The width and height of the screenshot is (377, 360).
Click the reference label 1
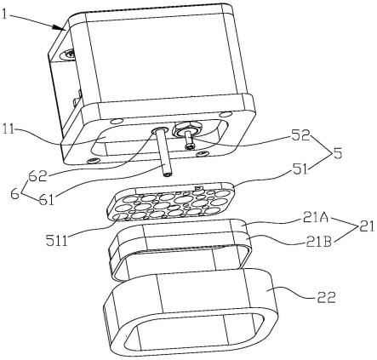(x=4, y=14)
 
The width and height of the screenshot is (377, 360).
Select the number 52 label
(x=300, y=136)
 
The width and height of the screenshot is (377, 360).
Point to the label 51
(x=300, y=169)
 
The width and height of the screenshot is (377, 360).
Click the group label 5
(x=337, y=153)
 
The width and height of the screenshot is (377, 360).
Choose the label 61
(x=46, y=200)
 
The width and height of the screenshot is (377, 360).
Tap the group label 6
(x=15, y=194)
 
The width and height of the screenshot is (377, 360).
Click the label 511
(x=56, y=241)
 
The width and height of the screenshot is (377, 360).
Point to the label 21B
(x=318, y=242)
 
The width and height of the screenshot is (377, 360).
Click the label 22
(x=326, y=298)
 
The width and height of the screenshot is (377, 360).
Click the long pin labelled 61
(x=163, y=152)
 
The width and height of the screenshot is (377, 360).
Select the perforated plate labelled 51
(x=170, y=203)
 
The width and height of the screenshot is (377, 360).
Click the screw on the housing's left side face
(x=69, y=53)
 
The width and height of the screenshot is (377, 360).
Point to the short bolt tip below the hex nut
(x=189, y=142)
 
